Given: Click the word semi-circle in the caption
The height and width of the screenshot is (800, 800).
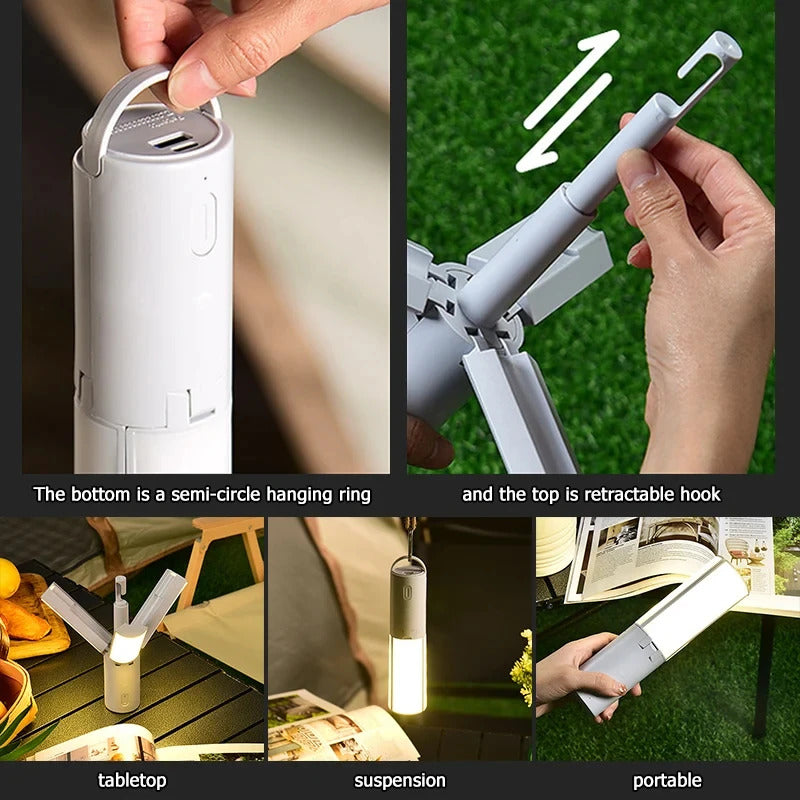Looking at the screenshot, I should tap(216, 494).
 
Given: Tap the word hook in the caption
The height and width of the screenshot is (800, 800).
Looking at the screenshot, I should tap(700, 494).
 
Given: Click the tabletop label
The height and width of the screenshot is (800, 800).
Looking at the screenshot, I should tap(132, 780).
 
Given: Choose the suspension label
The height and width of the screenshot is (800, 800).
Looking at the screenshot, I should tap(400, 780).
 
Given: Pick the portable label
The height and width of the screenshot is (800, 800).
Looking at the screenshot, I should tap(667, 780).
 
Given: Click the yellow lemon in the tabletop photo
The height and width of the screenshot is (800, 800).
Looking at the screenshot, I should tap(8, 577).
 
